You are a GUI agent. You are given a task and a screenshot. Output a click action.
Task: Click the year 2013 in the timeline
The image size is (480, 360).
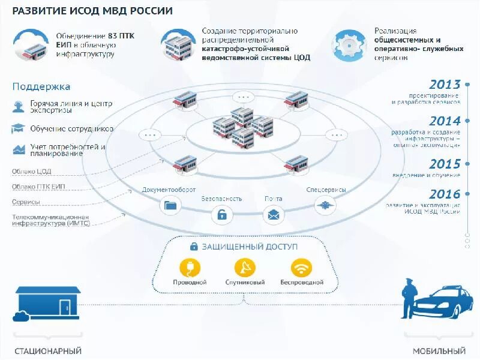click(x=445, y=85)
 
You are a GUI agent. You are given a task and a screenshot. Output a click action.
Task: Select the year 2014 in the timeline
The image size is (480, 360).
click(x=445, y=121)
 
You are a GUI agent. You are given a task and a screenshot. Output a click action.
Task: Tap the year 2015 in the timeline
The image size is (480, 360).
click(x=445, y=164)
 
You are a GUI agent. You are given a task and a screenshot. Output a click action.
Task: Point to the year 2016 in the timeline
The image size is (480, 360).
click(x=445, y=194)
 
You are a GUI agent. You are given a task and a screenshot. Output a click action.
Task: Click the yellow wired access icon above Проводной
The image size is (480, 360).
click(x=190, y=268)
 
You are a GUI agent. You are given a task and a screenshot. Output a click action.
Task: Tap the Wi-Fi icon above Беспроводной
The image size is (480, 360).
click(x=301, y=268)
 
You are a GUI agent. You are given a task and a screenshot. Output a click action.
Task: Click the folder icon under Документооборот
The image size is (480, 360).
click(x=170, y=205)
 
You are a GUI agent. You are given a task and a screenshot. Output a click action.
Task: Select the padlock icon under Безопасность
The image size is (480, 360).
click(x=222, y=214)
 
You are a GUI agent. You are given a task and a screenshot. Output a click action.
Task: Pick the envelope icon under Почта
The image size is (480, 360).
click(x=274, y=214)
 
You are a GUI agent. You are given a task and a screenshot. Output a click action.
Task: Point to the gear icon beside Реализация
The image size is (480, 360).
click(x=350, y=45)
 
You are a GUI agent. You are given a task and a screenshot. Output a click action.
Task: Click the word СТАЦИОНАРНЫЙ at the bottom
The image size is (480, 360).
click(x=48, y=351)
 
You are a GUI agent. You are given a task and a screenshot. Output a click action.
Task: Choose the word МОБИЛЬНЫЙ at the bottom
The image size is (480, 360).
click(x=439, y=351)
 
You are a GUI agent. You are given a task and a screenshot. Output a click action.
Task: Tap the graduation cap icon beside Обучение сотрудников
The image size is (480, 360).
click(x=18, y=128)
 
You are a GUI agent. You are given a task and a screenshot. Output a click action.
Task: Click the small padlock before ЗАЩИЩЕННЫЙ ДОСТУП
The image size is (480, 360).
click(x=194, y=246)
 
